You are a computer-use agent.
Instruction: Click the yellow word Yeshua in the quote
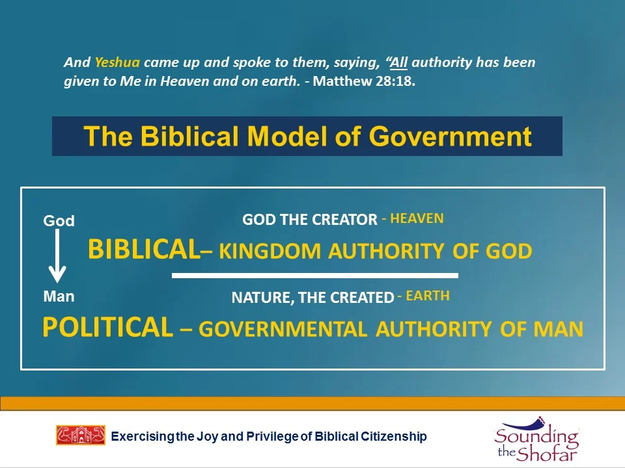(x=117, y=63)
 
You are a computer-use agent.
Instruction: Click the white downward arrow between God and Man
(x=59, y=257)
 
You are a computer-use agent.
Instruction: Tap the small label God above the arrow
(x=59, y=221)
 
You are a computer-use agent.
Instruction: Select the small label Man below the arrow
(x=59, y=296)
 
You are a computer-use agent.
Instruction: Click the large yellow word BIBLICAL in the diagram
(x=143, y=250)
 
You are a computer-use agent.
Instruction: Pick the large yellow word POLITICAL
(x=107, y=328)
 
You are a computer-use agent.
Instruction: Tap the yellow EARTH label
(x=427, y=296)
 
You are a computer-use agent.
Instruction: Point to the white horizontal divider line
(x=314, y=276)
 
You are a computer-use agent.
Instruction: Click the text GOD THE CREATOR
(x=309, y=220)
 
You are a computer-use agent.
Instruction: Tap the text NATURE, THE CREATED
(x=312, y=298)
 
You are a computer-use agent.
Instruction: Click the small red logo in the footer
(x=81, y=435)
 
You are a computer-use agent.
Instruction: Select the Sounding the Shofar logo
(x=536, y=439)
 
